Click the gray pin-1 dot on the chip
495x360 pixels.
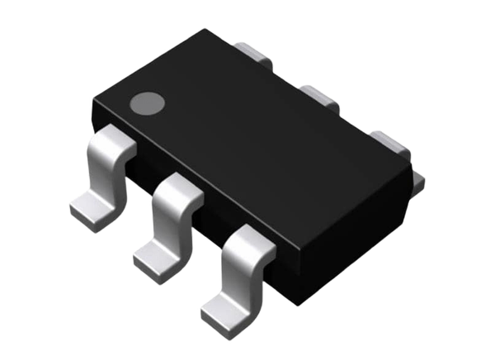tap(148, 103)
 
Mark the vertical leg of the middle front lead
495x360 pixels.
tap(172, 227)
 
